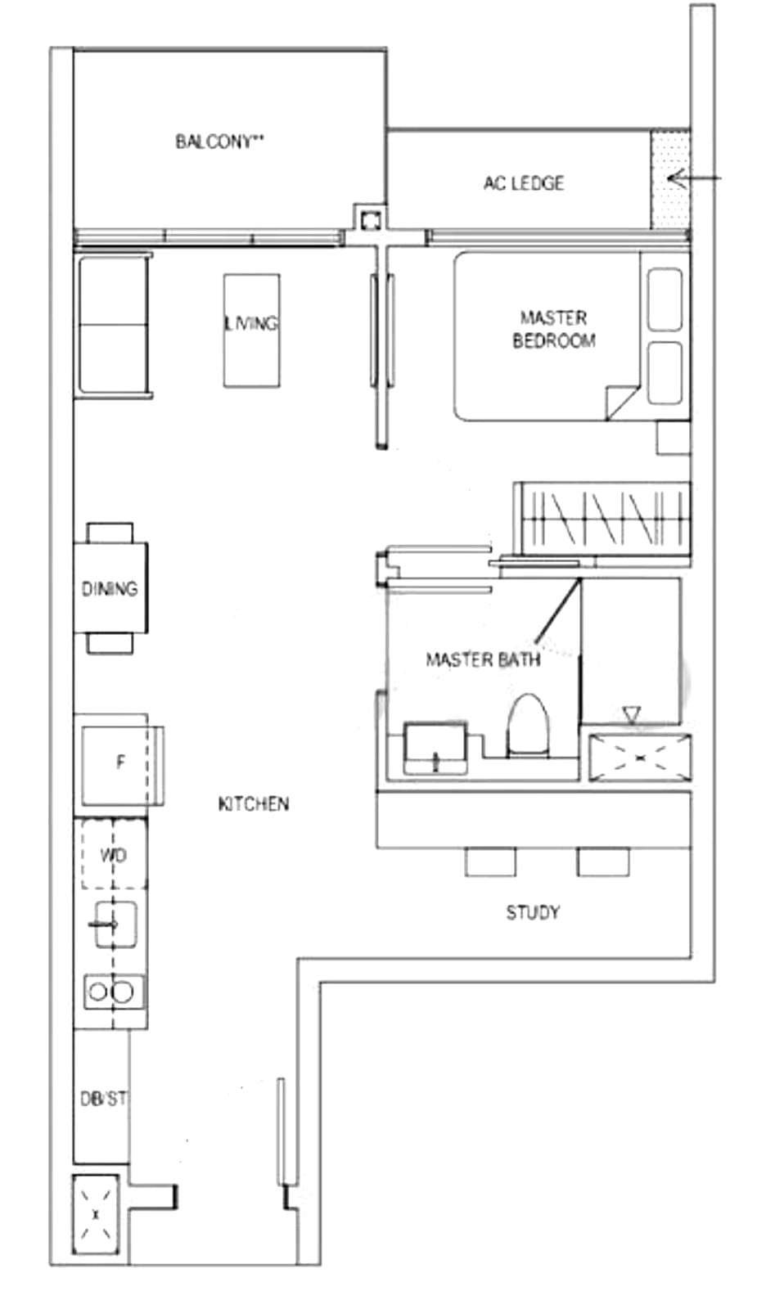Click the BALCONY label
click(219, 142)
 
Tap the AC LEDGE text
click(524, 183)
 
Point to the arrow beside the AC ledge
click(695, 178)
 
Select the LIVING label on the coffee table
click(251, 323)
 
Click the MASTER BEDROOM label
click(554, 329)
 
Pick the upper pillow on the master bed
click(665, 299)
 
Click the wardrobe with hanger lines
click(602, 519)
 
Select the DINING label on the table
click(110, 588)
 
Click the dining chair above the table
click(110, 533)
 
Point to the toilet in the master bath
click(528, 725)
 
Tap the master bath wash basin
click(435, 748)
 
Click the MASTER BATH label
click(483, 659)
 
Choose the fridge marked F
click(119, 765)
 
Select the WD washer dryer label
click(114, 856)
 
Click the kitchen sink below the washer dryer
click(115, 924)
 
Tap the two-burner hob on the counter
click(115, 992)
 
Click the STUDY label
click(534, 912)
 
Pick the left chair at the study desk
click(490, 861)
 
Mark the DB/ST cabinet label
click(103, 1100)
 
